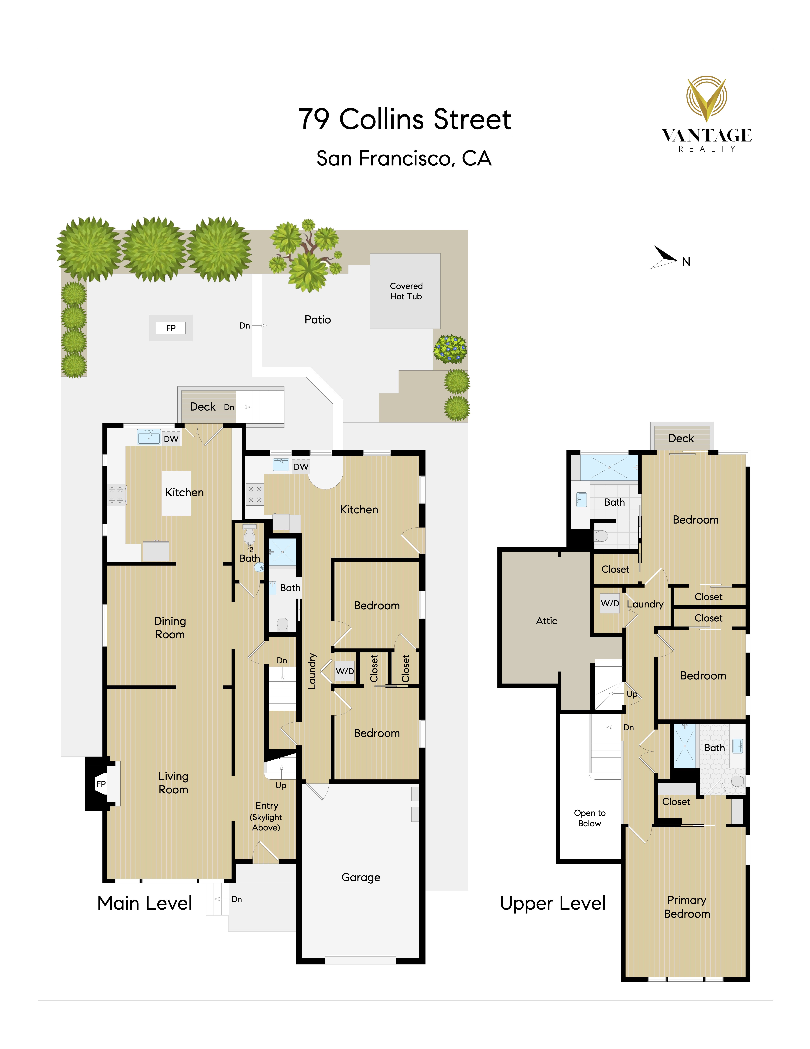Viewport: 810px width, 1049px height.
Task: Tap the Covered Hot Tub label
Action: (406, 291)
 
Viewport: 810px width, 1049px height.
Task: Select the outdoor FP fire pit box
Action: (171, 328)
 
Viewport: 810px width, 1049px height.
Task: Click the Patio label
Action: (318, 319)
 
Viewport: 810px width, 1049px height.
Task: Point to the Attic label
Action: (547, 620)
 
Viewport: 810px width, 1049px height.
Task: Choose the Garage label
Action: (361, 878)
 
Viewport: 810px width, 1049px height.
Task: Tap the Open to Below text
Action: (590, 818)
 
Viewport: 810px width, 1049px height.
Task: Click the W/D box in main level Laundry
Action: (344, 671)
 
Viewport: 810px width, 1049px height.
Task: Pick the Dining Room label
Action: (170, 628)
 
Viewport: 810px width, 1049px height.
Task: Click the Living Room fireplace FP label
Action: (101, 784)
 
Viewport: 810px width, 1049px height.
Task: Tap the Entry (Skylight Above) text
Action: (266, 816)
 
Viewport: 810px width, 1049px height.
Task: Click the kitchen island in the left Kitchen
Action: (177, 493)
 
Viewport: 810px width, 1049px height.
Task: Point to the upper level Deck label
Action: (681, 438)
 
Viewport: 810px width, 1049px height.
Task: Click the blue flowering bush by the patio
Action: (450, 349)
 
